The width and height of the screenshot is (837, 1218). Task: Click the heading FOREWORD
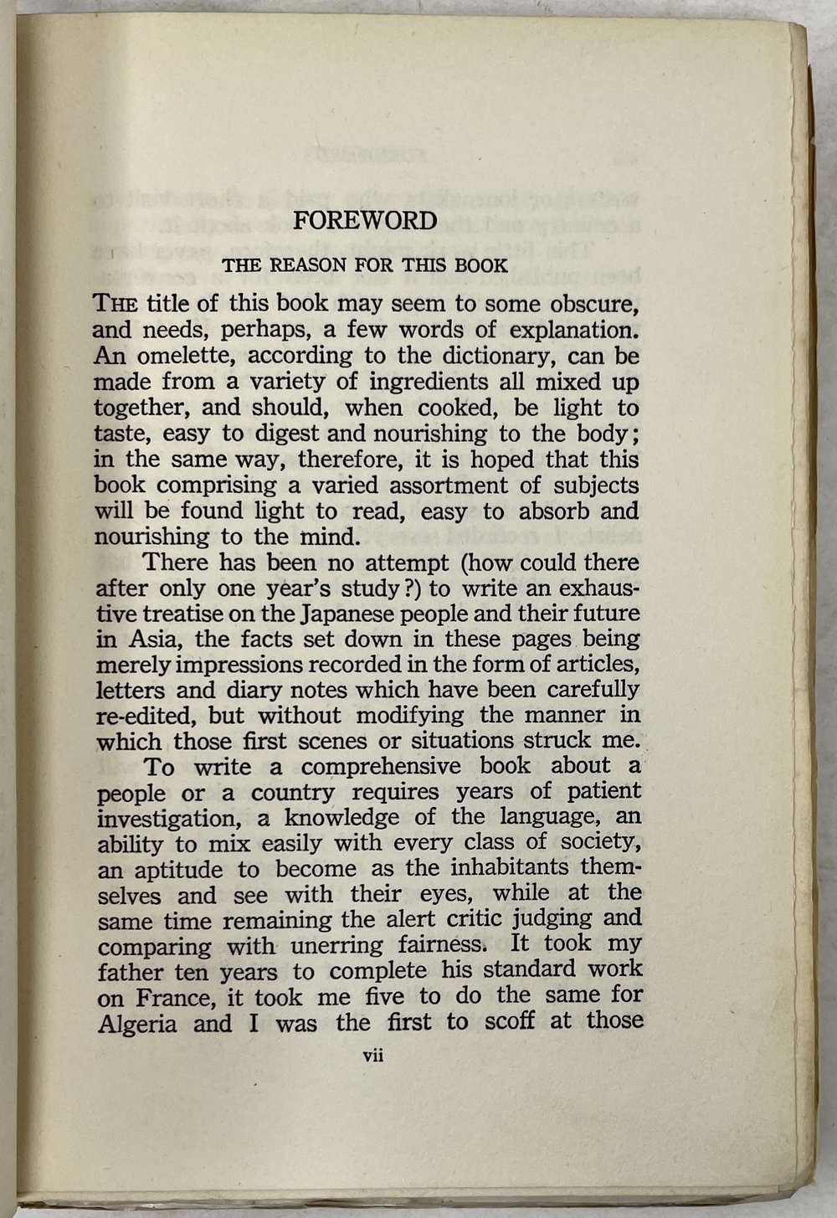coord(365,221)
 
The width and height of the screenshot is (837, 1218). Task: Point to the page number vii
coord(372,1056)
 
